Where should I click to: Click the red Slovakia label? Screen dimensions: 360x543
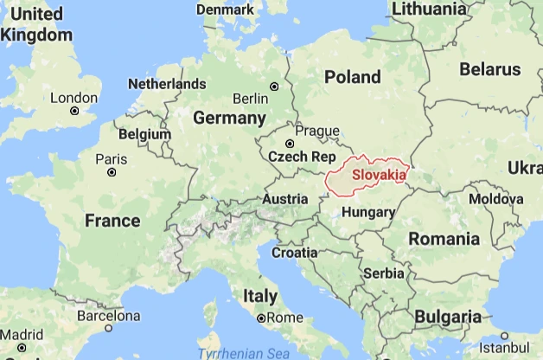click(x=379, y=175)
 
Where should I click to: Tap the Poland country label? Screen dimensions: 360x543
click(x=352, y=77)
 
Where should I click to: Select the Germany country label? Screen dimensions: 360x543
click(x=228, y=117)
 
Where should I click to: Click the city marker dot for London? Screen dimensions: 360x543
click(x=74, y=111)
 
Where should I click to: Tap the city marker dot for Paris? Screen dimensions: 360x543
click(x=112, y=172)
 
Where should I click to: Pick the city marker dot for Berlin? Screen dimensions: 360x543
click(x=275, y=86)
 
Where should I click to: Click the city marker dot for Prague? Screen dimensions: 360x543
click(x=290, y=144)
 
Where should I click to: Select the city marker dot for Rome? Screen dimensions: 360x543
click(x=261, y=318)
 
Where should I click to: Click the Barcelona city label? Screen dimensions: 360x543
click(x=108, y=315)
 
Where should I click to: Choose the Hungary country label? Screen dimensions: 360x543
click(x=368, y=212)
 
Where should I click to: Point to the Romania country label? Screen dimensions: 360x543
click(x=444, y=238)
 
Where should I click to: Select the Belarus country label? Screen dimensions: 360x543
click(x=490, y=69)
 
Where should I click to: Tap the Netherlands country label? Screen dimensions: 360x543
click(x=167, y=84)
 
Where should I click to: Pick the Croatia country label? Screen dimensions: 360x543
click(x=295, y=253)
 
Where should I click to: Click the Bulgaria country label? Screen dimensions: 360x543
click(x=448, y=317)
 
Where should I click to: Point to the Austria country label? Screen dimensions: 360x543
click(x=285, y=199)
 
